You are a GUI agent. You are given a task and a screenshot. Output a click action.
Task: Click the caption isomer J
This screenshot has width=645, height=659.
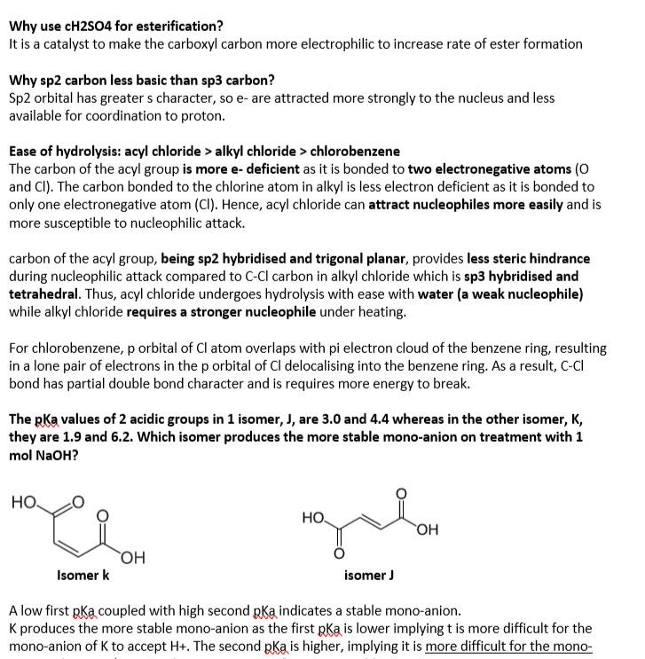click(368, 575)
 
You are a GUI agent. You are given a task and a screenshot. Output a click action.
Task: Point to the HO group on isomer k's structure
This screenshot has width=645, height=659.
click(25, 503)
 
